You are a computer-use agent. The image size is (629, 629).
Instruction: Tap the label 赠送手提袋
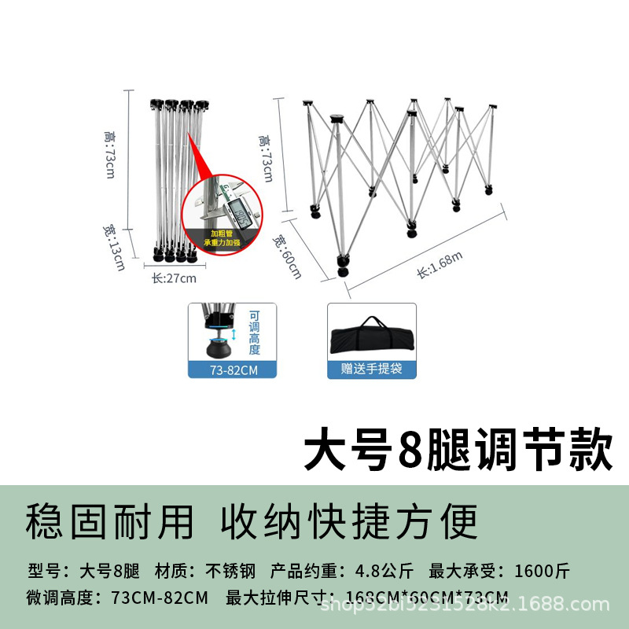click(x=372, y=368)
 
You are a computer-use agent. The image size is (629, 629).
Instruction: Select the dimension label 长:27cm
click(x=174, y=277)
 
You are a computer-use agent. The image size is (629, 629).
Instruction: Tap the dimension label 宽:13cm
click(x=112, y=245)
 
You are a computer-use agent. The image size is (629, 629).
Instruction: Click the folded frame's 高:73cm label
click(x=109, y=154)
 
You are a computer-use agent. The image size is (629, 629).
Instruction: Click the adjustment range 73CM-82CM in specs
click(x=162, y=597)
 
